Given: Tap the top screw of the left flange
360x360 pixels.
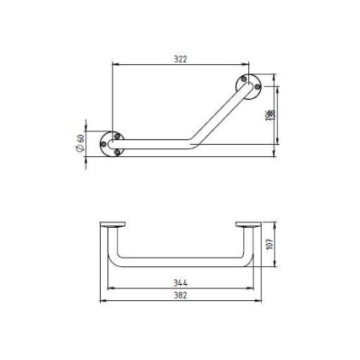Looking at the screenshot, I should click(x=116, y=136).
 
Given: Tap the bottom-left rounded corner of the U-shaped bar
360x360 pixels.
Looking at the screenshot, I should click(x=114, y=262).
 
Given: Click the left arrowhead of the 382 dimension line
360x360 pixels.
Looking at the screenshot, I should click(x=102, y=302).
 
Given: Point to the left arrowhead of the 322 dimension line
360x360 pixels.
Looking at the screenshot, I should click(x=114, y=63).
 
